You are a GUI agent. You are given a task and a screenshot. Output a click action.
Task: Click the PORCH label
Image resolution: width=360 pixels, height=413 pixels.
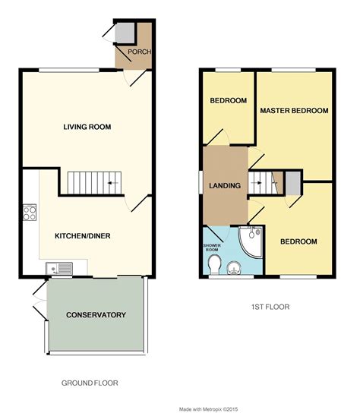[140, 52]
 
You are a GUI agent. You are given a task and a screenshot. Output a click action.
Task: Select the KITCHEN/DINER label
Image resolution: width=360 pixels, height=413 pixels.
[82, 236]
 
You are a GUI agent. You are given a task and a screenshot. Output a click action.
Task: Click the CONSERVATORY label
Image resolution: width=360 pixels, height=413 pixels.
[95, 315]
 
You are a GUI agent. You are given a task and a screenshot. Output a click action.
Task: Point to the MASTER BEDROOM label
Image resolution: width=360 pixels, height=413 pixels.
[294, 111]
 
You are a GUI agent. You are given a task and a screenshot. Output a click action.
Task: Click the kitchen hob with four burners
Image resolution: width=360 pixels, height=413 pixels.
[31, 212]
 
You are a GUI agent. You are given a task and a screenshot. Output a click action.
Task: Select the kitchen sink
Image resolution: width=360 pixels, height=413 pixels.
[58, 266]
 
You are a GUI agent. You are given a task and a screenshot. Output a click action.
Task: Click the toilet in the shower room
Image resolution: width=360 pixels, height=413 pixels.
[215, 264]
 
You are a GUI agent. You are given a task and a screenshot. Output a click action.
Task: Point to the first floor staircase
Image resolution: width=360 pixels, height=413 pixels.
[262, 181]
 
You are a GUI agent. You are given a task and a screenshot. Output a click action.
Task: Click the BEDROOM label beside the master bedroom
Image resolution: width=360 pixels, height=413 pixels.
[228, 101]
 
